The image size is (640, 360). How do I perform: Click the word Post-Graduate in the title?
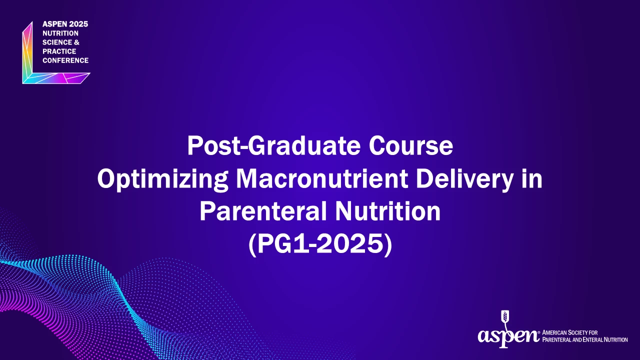(273, 145)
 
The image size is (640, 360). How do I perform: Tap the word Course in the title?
(410, 145)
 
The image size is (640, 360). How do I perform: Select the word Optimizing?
(162, 179)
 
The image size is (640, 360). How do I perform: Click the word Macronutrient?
(321, 178)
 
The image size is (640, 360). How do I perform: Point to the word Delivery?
(465, 179)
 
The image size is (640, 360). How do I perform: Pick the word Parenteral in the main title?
(263, 211)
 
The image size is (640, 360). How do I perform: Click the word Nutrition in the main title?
(387, 211)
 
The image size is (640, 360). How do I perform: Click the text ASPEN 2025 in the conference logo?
(65, 24)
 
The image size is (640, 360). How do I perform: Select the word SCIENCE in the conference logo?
(57, 42)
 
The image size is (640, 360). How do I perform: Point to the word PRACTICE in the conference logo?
(59, 51)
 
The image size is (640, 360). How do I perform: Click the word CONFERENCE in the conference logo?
(65, 60)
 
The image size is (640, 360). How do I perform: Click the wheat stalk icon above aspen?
(505, 319)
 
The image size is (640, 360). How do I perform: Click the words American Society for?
(569, 332)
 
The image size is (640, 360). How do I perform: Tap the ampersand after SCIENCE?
(76, 42)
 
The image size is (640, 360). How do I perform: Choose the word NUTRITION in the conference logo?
(60, 33)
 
